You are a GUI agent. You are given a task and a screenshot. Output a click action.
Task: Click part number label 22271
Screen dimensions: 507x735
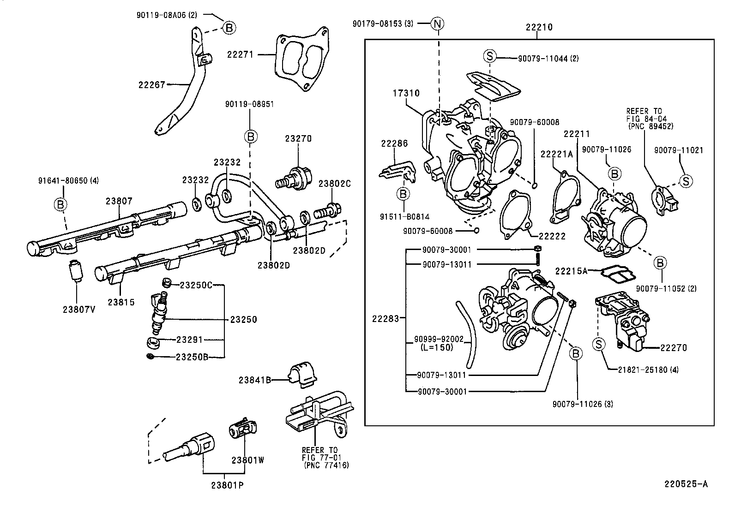pyautogui.click(x=240, y=54)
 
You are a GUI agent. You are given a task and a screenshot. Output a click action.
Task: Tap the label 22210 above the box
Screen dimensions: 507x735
pyautogui.click(x=539, y=27)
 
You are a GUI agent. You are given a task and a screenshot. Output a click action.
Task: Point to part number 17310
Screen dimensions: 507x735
pyautogui.click(x=406, y=93)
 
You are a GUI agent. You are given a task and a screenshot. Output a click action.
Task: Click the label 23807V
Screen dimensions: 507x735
pyautogui.click(x=79, y=309)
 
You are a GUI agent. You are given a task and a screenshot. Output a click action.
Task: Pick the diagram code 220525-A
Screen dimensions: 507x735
pyautogui.click(x=686, y=484)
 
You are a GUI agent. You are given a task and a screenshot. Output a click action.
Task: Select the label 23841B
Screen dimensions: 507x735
pyautogui.click(x=254, y=380)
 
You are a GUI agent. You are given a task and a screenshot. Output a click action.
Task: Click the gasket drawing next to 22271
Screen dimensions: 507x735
pyautogui.click(x=302, y=60)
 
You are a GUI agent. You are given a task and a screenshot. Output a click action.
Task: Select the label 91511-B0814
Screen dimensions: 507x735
pyautogui.click(x=403, y=216)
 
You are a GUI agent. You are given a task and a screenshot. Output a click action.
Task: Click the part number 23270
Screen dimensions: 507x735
pyautogui.click(x=298, y=138)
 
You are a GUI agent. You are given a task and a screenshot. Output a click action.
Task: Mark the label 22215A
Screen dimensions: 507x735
pyautogui.click(x=571, y=271)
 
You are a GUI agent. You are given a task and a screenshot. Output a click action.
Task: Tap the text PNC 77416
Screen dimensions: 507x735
pyautogui.click(x=326, y=465)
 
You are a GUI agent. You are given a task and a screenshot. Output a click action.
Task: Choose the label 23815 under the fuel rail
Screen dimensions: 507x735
pyautogui.click(x=121, y=302)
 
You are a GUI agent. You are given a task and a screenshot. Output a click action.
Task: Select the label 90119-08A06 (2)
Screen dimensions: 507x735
pyautogui.click(x=167, y=15)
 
